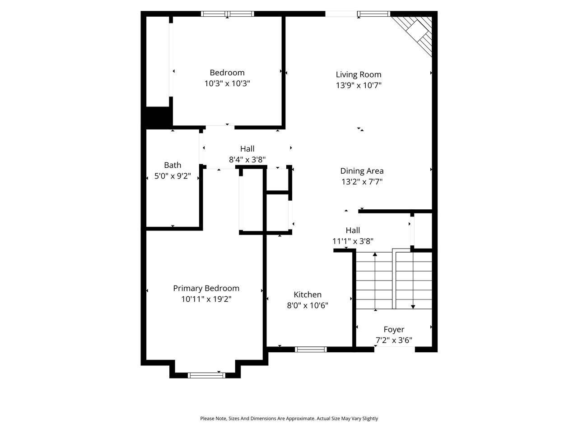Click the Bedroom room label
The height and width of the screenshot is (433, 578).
pos(227,73)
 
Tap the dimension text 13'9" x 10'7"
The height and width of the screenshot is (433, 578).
pos(359,85)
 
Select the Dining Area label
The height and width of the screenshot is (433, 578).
pos(362,171)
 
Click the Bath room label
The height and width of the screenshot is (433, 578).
pos(172,165)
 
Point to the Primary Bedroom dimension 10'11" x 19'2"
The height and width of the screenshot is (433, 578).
pos(206,299)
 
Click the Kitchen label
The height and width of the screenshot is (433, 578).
pos(308,295)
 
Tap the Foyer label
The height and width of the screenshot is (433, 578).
pos(394,329)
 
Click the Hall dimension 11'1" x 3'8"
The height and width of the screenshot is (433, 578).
pos(353,241)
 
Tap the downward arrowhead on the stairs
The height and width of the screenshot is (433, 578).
pos(413,306)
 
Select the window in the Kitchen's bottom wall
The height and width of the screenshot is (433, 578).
pos(311,349)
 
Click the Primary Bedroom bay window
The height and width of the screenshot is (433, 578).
pos(206,375)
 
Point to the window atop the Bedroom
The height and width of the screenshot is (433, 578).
pos(228,14)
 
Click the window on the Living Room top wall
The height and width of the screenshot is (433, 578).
pos(373,14)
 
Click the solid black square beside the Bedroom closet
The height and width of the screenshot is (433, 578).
pos(157,116)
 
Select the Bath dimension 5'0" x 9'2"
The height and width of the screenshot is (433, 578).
pos(172,176)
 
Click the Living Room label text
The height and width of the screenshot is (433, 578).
pos(359,74)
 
